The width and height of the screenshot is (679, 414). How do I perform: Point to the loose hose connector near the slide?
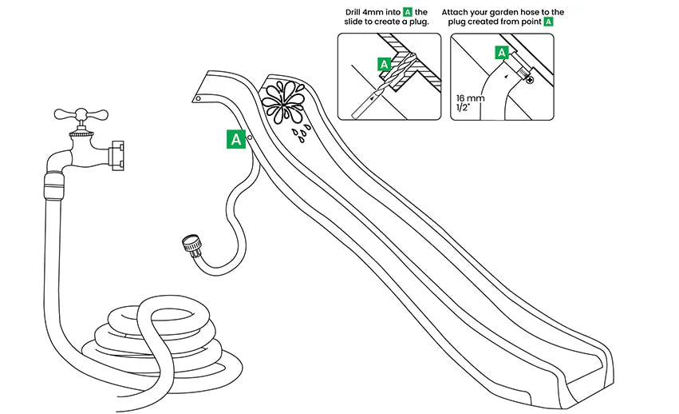pos(193,245)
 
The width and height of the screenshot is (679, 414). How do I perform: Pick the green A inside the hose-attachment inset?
pos(502,53)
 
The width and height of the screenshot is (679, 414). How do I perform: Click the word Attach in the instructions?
pos(458,11)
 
